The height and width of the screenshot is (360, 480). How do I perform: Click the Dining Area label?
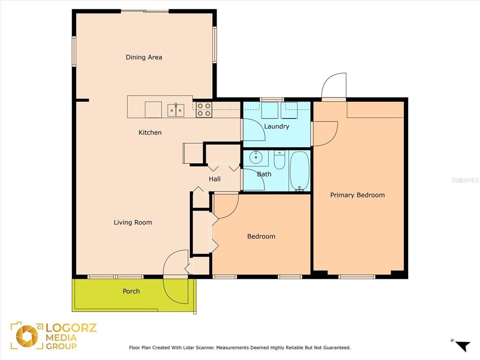[144, 57]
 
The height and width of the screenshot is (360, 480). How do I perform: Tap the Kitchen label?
[150, 133]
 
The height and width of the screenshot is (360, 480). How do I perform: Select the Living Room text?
[133, 222]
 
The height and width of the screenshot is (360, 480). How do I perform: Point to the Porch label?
[131, 291]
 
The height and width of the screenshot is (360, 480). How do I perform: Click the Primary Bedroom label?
[357, 195]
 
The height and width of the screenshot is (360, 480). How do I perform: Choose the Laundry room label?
[277, 127]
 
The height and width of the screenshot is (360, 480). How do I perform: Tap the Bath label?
[264, 174]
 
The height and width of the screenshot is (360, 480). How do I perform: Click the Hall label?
[215, 179]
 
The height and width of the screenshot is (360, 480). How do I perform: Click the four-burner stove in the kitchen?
[203, 109]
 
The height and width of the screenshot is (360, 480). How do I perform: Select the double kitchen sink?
[176, 110]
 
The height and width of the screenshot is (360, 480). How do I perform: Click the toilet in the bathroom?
[279, 159]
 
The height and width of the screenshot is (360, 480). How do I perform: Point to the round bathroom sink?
[256, 157]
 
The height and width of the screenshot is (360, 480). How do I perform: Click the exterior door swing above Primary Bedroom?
[334, 85]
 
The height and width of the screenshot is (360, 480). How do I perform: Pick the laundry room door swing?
[253, 130]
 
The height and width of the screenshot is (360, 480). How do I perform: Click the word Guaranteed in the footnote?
[335, 348]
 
